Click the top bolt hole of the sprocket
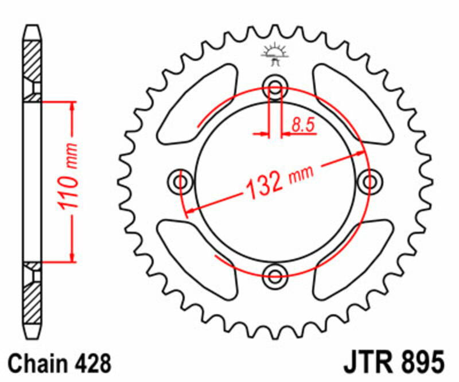pos(275,89)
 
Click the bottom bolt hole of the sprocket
pos(275,272)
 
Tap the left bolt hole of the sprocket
pos(181,182)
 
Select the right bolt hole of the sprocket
pos(368,182)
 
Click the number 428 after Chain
pos(91,363)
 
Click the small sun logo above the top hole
pos(275,53)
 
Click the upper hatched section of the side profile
pos(32,63)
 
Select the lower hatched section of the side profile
pos(32,298)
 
